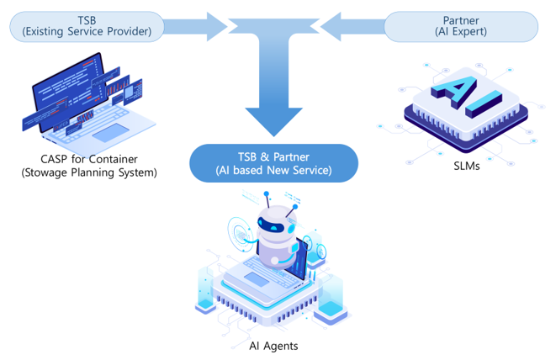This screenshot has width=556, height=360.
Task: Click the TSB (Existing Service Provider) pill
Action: (x=87, y=25)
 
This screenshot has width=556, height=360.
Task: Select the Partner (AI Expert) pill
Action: (x=460, y=25)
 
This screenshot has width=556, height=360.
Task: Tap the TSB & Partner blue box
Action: (x=273, y=162)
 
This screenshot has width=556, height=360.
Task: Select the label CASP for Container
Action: (x=89, y=159)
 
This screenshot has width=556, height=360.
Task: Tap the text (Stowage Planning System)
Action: (x=89, y=173)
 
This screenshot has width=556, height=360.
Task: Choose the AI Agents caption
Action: (x=273, y=346)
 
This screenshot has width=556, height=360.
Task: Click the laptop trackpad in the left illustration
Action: (x=109, y=132)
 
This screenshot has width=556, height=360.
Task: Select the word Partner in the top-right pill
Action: (x=461, y=19)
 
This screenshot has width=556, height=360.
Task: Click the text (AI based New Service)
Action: (x=273, y=171)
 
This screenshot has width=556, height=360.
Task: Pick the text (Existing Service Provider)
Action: (x=87, y=32)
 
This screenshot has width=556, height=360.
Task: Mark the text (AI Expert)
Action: (x=461, y=32)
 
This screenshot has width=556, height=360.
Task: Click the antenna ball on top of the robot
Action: (x=267, y=195)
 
